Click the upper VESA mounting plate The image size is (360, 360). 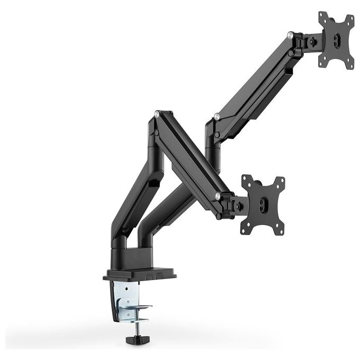pos(336,40)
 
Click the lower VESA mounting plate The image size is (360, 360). pos(263,203)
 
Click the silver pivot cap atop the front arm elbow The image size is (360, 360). pos(157,113)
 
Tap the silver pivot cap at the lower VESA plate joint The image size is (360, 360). pos(218,196)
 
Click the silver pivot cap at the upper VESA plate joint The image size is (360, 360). pos(290,35)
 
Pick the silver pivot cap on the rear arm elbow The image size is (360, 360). pos(216,115)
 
